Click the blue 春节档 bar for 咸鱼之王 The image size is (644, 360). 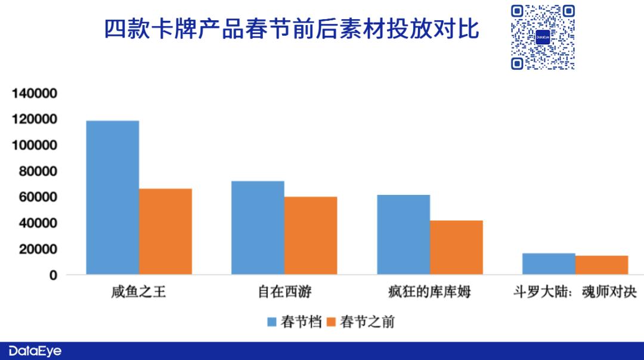click(x=113, y=197)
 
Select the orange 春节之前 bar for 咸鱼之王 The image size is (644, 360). click(x=166, y=231)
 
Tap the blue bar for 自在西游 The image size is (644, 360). click(x=258, y=228)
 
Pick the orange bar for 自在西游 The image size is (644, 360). click(x=311, y=235)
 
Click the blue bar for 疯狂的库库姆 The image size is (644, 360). click(x=404, y=234)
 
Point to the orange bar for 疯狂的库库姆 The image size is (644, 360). click(x=456, y=247)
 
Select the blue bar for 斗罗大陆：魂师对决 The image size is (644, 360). click(x=549, y=264)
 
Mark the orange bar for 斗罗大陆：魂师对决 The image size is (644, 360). click(x=602, y=265)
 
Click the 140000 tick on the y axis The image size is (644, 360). click(x=35, y=93)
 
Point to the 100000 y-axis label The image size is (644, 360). click(x=35, y=145)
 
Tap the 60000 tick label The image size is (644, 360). click(x=38, y=197)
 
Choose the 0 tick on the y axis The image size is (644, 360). click(x=54, y=275)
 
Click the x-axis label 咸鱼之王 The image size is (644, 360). click(x=138, y=292)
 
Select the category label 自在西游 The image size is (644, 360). click(x=284, y=292)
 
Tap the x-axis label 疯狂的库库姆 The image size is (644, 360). click(x=429, y=292)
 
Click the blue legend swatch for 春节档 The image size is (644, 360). click(x=272, y=322)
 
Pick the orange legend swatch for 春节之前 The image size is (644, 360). click(x=331, y=322)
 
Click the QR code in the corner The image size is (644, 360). click(x=543, y=38)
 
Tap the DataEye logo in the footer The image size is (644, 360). click(x=35, y=351)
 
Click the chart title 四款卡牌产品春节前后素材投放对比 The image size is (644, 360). click(x=291, y=29)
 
